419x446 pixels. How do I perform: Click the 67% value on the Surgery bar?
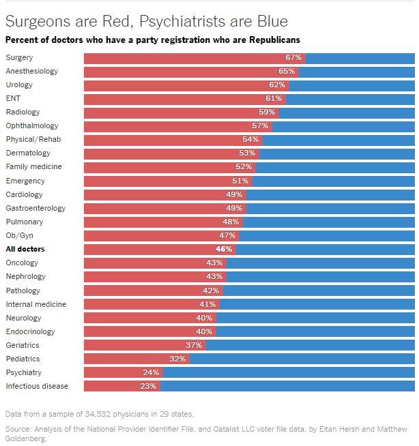(x=293, y=57)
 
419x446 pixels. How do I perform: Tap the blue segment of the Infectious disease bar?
(x=287, y=386)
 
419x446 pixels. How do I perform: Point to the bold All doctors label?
(x=25, y=249)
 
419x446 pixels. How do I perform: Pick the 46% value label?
(x=224, y=249)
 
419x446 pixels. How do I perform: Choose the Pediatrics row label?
(x=23, y=359)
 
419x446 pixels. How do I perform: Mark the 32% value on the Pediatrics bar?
(x=177, y=359)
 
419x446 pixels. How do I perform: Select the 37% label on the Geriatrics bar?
(x=194, y=345)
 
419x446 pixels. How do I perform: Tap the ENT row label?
(x=13, y=98)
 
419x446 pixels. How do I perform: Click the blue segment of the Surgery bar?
(x=359, y=57)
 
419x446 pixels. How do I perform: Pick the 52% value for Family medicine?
(x=244, y=166)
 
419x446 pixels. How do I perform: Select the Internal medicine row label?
(x=36, y=304)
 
